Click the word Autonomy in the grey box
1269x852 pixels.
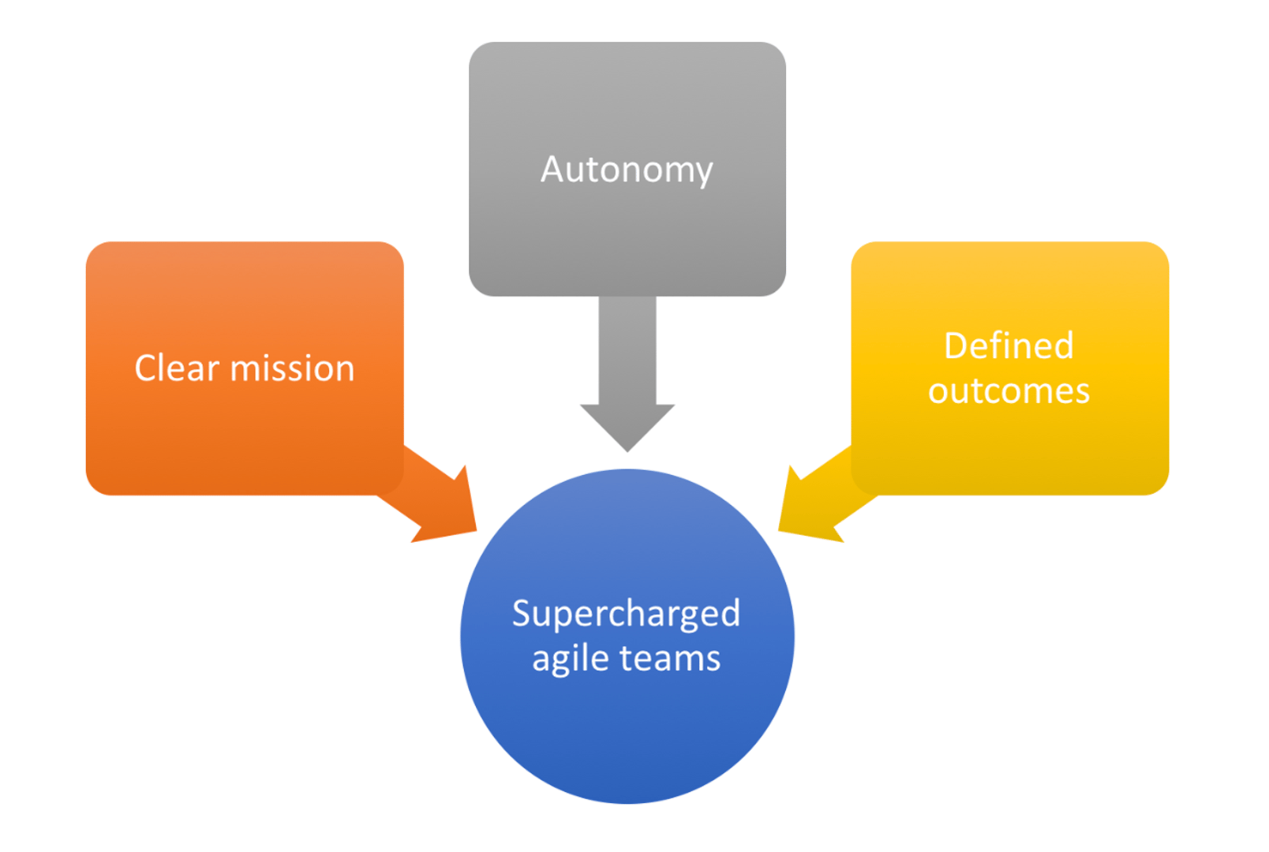(x=627, y=170)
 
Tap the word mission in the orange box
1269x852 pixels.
(x=292, y=368)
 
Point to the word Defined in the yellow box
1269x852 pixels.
(x=1009, y=346)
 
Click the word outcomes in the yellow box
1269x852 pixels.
(x=1009, y=391)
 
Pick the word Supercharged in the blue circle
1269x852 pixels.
(x=626, y=614)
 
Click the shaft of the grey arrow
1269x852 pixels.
(x=627, y=347)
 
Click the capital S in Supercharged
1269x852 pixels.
(x=522, y=613)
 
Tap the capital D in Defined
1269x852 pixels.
(x=955, y=346)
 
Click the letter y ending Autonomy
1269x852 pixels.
(x=704, y=173)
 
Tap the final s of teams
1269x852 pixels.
(x=713, y=659)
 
